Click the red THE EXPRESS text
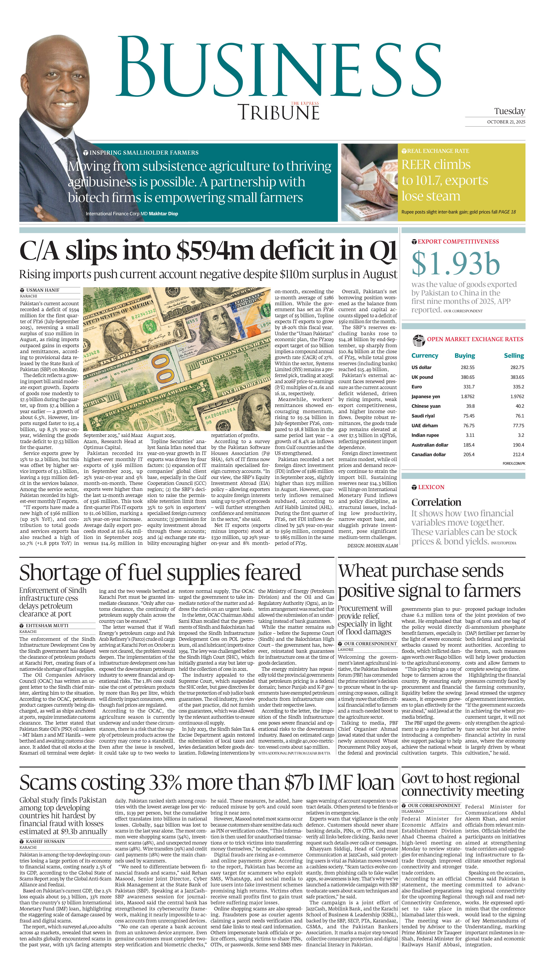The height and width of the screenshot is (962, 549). click(305, 103)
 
